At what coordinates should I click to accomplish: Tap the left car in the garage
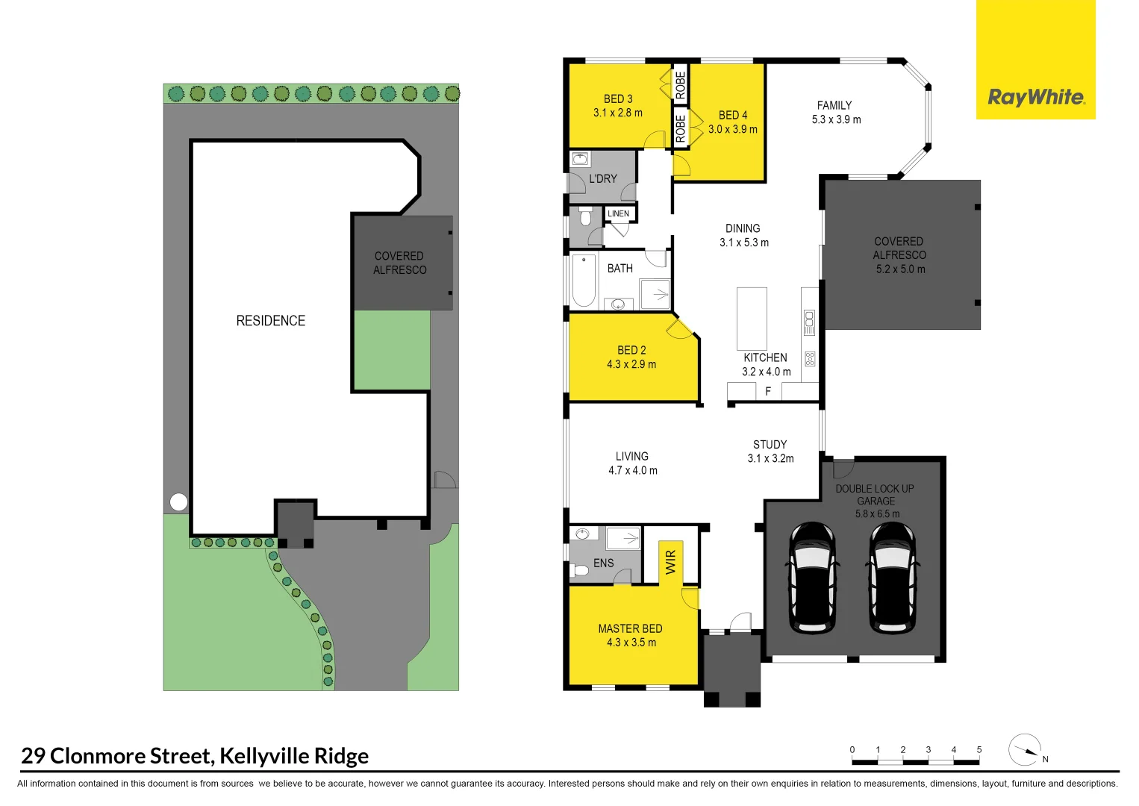812,577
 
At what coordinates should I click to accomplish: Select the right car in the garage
892,577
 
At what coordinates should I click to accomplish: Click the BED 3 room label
618,99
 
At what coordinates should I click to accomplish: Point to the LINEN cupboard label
619,213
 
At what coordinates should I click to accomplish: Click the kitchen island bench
752,319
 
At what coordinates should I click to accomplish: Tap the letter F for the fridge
768,391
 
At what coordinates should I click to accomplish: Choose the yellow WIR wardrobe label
670,561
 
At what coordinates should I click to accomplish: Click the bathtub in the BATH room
584,281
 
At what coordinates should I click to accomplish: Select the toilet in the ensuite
581,571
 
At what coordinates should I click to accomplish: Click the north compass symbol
1025,750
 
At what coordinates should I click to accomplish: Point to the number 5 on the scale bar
979,750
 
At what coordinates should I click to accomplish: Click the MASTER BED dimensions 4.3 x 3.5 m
631,643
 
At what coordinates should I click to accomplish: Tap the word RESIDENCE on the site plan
271,321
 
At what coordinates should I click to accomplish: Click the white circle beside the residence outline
178,502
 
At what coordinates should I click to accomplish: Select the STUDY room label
770,444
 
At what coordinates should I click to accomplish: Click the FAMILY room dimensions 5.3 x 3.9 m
836,119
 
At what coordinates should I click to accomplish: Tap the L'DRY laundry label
603,179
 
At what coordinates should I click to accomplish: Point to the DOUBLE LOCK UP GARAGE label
875,495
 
